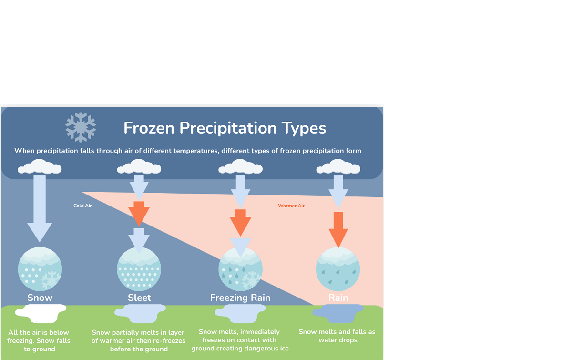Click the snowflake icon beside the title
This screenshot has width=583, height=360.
(x=81, y=127)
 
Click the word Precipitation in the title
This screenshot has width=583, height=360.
(x=228, y=128)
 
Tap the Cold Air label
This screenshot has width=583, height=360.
(x=82, y=206)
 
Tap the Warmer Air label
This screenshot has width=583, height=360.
(x=291, y=206)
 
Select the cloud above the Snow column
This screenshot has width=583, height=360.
(x=40, y=166)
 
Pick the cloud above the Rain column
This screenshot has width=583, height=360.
(x=338, y=166)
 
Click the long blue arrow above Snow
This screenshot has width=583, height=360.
(x=40, y=209)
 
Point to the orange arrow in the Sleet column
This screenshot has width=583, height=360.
(x=139, y=214)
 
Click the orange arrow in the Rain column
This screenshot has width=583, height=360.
(x=338, y=229)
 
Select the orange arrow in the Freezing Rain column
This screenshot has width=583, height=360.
(x=240, y=223)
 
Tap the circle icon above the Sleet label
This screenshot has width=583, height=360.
(x=139, y=269)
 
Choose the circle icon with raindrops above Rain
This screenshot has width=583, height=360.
(x=338, y=269)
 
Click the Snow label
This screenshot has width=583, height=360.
(x=40, y=298)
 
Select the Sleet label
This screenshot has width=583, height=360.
(x=139, y=298)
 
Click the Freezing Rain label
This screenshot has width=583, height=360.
(x=240, y=298)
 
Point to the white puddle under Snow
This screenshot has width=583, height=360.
(x=41, y=313)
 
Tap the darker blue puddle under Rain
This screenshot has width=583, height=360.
(x=338, y=313)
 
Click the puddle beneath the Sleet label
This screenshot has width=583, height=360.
(x=140, y=313)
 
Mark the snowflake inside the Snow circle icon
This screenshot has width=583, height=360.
(x=51, y=280)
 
